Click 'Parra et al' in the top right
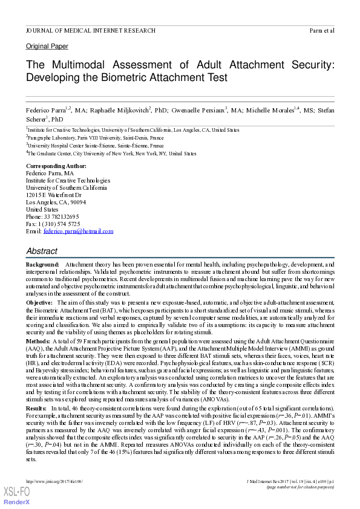point(322,30)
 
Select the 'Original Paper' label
point(47,47)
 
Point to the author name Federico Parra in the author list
point(45,110)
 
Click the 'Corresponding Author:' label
point(56,166)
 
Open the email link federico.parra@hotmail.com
point(79,231)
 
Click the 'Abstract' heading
point(42,251)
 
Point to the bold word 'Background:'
point(42,265)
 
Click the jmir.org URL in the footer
point(54,481)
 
